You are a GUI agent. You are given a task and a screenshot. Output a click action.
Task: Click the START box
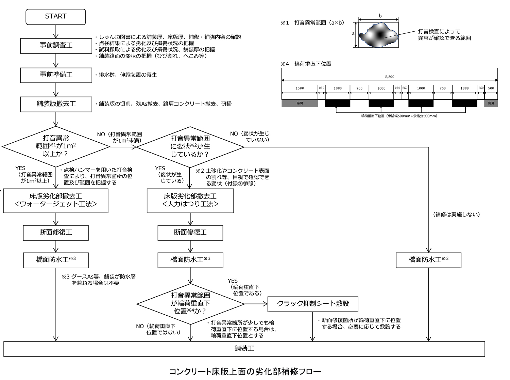[x=55, y=17]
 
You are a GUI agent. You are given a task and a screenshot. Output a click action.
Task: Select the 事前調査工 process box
[x=56, y=45]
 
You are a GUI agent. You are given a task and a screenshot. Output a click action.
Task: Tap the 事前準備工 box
[x=56, y=75]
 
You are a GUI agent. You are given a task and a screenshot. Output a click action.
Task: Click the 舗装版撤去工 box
[x=56, y=104]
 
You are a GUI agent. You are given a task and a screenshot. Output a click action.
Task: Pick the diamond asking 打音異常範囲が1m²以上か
[x=56, y=147]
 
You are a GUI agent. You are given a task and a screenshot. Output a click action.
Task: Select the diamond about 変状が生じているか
[x=190, y=147]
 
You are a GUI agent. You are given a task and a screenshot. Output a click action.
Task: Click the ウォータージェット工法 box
[x=56, y=201]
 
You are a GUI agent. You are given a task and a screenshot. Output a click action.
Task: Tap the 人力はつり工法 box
[x=190, y=201]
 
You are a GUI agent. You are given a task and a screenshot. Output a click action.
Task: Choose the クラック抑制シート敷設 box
[x=313, y=304]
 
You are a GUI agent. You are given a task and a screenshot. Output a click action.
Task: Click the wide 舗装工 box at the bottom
[x=244, y=349]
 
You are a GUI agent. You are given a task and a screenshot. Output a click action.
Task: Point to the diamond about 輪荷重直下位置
[x=190, y=303]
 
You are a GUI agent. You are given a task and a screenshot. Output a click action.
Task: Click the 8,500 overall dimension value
[x=389, y=77]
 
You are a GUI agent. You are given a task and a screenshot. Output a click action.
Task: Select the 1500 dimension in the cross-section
[x=300, y=88]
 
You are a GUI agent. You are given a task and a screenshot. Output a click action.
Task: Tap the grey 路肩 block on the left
[x=300, y=103]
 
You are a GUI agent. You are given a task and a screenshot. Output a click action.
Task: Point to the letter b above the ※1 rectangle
[x=380, y=16]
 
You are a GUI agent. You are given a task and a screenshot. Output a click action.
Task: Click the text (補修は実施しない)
[x=456, y=215]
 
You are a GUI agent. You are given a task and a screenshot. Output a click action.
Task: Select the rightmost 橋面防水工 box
[x=428, y=260]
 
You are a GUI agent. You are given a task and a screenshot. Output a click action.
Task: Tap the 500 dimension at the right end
[x=491, y=88]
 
